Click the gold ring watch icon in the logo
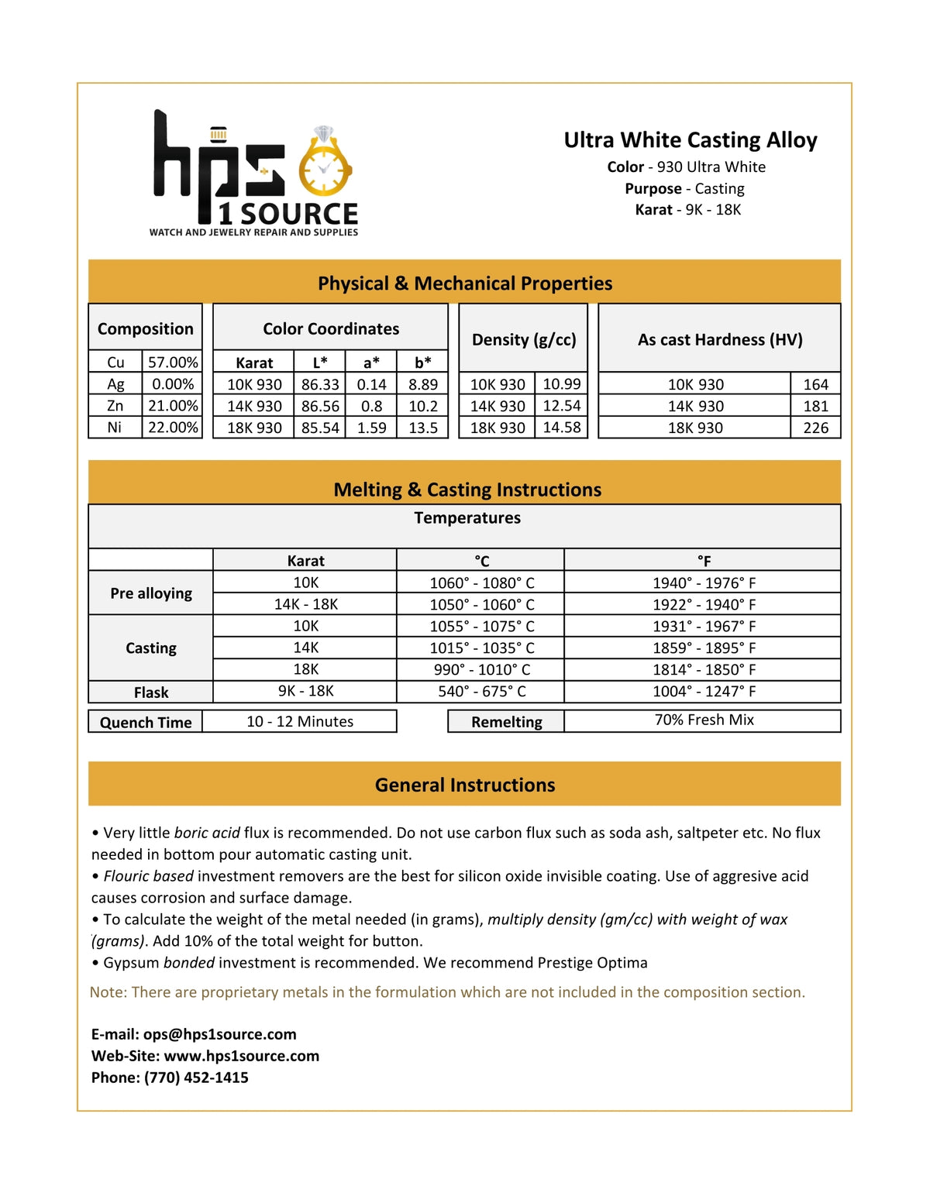coord(325,165)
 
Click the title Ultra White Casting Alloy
coord(690,140)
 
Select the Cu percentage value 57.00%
coord(173,363)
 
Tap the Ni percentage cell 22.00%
coord(173,428)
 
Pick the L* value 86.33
coord(320,384)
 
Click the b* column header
coord(422,363)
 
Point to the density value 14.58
coord(561,428)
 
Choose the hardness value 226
coord(815,428)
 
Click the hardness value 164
coord(815,384)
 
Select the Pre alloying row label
coord(151,593)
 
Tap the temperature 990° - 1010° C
coord(481,669)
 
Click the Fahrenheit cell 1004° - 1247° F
coord(704,691)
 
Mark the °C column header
coord(481,561)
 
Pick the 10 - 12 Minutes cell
coord(300,721)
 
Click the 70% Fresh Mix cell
coord(704,720)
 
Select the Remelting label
coord(507,722)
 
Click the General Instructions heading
coord(465,785)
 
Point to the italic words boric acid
coord(207,833)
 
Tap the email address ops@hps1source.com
coord(219,1034)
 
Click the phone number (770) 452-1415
coord(196,1078)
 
